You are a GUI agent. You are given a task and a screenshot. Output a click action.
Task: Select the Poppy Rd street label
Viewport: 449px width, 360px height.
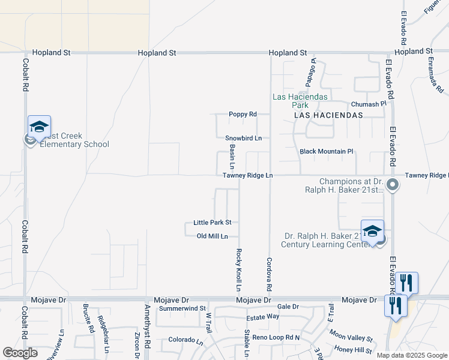(x=243, y=114)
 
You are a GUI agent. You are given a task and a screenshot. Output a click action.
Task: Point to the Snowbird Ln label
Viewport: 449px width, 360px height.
(x=244, y=138)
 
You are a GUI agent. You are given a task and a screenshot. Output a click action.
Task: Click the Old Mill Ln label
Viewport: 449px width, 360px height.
(x=212, y=236)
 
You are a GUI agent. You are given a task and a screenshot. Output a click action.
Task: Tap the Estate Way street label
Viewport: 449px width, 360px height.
(x=263, y=316)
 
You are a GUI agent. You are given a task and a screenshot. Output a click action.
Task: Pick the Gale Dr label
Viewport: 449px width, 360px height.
(x=288, y=307)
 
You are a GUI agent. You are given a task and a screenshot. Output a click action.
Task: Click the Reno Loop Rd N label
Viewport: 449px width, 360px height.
(x=276, y=338)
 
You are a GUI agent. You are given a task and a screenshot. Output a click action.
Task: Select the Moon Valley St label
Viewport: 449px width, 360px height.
(x=351, y=338)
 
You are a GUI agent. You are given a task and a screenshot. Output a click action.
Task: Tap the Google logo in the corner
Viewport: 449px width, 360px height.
(x=20, y=352)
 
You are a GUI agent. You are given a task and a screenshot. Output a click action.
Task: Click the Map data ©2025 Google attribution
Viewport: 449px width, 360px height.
(x=412, y=355)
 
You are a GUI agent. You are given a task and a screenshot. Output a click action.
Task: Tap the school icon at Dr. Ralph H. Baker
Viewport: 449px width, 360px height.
(x=372, y=231)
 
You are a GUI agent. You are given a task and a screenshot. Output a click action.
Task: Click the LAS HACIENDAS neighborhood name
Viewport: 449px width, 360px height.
(x=328, y=115)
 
